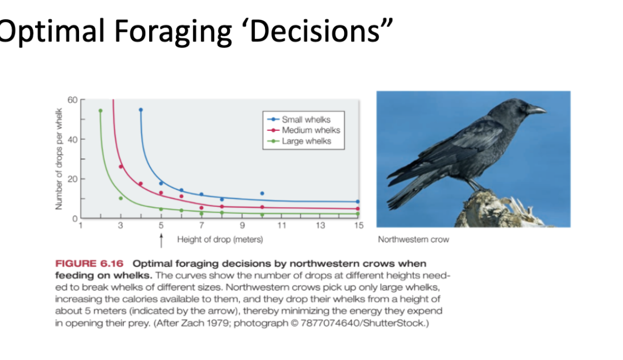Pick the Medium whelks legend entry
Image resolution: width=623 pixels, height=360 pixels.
click(x=304, y=130)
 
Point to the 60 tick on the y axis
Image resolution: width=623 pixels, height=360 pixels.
click(x=72, y=99)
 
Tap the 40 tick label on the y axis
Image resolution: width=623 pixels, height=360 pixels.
click(x=72, y=139)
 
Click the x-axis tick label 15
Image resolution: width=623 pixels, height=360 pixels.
click(x=359, y=226)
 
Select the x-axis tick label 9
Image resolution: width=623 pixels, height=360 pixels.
click(x=242, y=226)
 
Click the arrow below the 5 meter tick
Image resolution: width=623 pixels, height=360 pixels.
click(x=161, y=241)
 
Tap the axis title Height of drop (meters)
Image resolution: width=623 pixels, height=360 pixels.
click(x=220, y=239)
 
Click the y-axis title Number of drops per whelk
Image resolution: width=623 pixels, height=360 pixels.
click(x=59, y=159)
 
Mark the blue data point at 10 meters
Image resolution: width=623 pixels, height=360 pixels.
click(x=262, y=193)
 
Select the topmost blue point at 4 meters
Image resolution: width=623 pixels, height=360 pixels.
click(x=141, y=110)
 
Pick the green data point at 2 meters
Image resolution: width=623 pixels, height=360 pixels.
click(x=101, y=111)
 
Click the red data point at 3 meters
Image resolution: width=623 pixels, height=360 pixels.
click(x=121, y=167)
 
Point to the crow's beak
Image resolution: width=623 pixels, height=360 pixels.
click(x=536, y=109)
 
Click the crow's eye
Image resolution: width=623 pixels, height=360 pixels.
click(x=523, y=107)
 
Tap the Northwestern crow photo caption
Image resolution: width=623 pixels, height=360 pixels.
click(x=413, y=239)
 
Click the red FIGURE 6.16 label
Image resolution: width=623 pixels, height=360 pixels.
click(x=90, y=264)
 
